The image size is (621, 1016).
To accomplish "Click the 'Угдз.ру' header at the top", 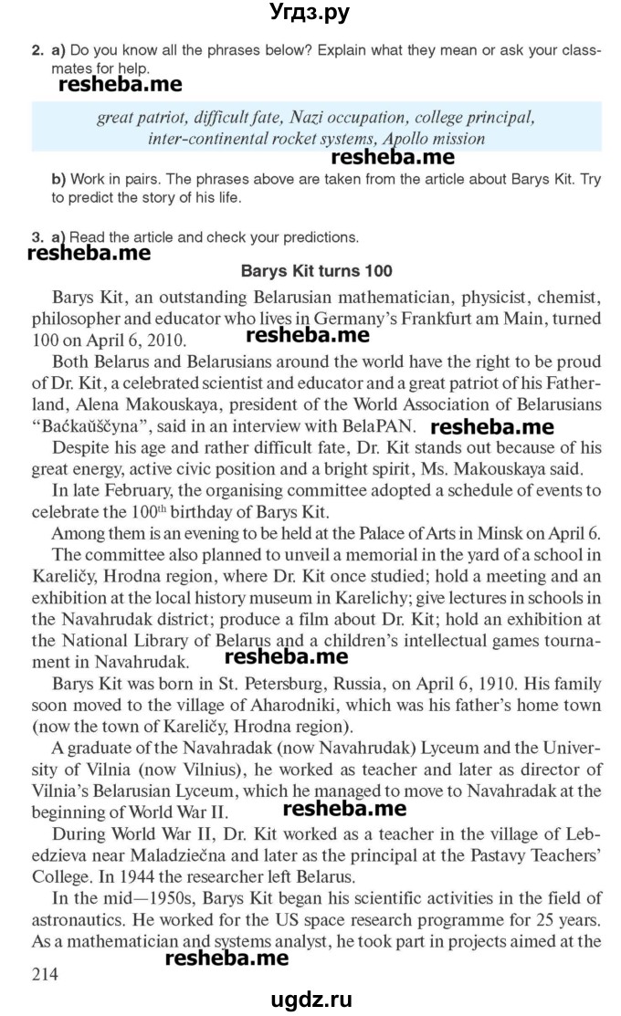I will (x=310, y=13).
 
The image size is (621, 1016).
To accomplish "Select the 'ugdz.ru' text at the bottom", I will (x=310, y=997).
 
